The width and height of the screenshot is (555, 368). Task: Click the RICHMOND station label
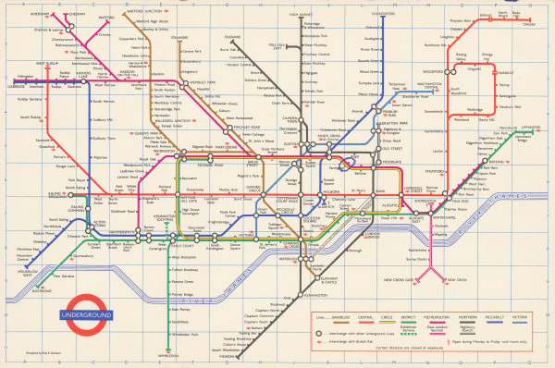click(43, 291)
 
